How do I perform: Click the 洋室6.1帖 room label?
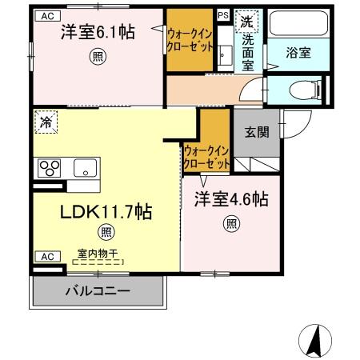pyautogui.click(x=97, y=33)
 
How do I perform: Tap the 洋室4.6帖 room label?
pyautogui.click(x=230, y=201)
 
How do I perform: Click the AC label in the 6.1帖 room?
pyautogui.click(x=46, y=15)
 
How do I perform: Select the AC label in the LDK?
pyautogui.click(x=46, y=256)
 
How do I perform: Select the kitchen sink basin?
pyautogui.click(x=84, y=169)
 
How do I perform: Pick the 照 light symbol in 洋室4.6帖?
pyautogui.click(x=230, y=224)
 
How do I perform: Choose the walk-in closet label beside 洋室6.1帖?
pyautogui.click(x=190, y=39)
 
